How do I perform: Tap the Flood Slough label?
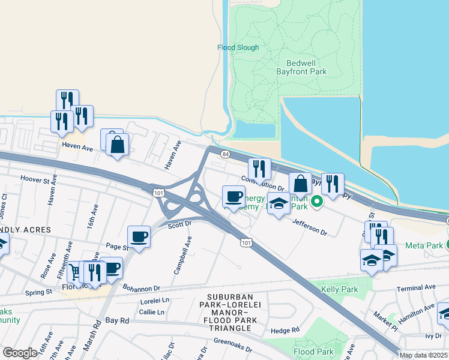point(238,47)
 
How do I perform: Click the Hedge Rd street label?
point(285,331)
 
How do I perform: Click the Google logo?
point(20,353)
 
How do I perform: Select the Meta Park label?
point(423,245)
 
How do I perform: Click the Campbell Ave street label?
point(184,256)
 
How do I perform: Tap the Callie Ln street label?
point(152,312)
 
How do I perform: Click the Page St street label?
point(117,247)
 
